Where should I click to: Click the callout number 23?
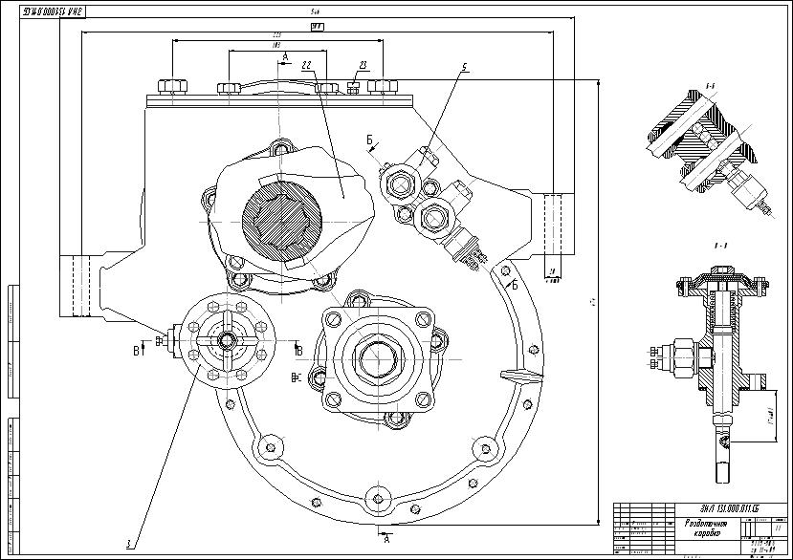coord(363,65)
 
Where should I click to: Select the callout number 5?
coord(464,67)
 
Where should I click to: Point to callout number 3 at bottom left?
coord(127,543)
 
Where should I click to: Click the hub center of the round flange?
coord(227,339)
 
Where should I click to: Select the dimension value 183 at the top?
coord(276,45)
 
